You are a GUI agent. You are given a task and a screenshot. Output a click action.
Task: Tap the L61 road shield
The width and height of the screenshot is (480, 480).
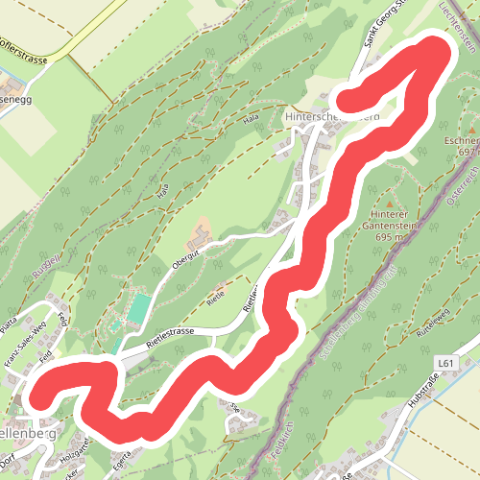point(443,362)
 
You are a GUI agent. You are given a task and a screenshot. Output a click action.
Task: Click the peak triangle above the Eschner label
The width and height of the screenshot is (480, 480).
point(471,126)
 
